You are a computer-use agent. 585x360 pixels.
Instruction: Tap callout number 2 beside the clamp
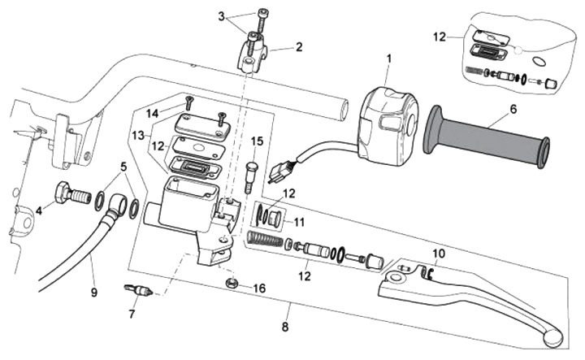click(x=299, y=47)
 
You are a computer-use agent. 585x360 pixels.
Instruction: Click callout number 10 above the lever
click(x=438, y=253)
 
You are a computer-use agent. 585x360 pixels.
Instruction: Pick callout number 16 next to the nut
click(x=259, y=288)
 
